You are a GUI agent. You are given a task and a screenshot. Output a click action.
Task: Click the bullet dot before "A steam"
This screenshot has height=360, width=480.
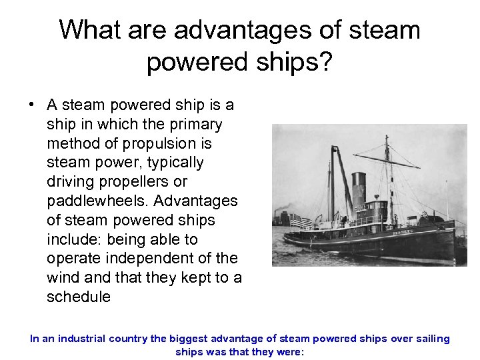coord(31,105)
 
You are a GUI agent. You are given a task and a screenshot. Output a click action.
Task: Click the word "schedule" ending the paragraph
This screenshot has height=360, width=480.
coord(79,297)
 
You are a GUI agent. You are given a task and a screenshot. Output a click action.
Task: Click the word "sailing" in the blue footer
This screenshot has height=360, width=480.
coord(431,339)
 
